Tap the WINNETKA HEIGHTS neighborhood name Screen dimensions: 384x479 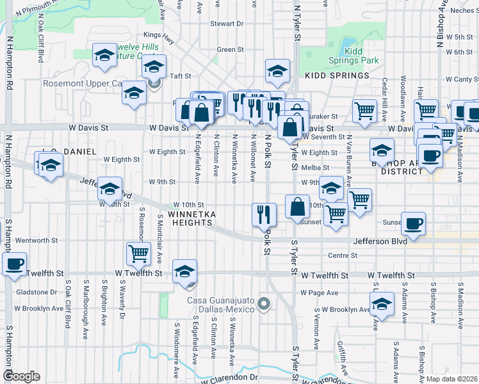[x=190, y=218]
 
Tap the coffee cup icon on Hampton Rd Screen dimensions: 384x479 [x=14, y=263]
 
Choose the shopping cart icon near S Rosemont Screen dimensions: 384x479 [x=138, y=253]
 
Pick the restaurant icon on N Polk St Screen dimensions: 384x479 [x=264, y=214]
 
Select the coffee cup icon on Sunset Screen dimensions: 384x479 [x=413, y=224]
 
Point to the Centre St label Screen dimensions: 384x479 [x=342, y=255]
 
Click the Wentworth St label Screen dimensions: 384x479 [x=37, y=241]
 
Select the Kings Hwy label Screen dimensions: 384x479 [x=159, y=35]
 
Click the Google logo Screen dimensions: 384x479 [x=21, y=376]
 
